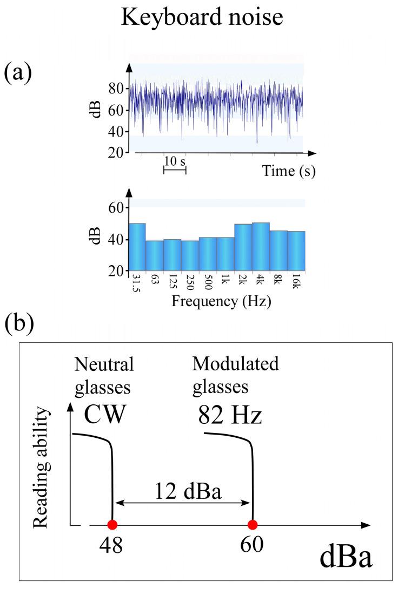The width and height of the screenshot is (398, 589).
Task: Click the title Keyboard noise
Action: click(201, 18)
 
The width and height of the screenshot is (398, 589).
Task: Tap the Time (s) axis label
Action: click(289, 171)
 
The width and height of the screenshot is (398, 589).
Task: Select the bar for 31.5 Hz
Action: click(137, 247)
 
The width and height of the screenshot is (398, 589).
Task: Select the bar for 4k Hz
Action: click(261, 246)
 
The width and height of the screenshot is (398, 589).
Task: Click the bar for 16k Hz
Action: click(296, 251)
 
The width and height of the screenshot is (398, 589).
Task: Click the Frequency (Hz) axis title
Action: click(221, 301)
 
